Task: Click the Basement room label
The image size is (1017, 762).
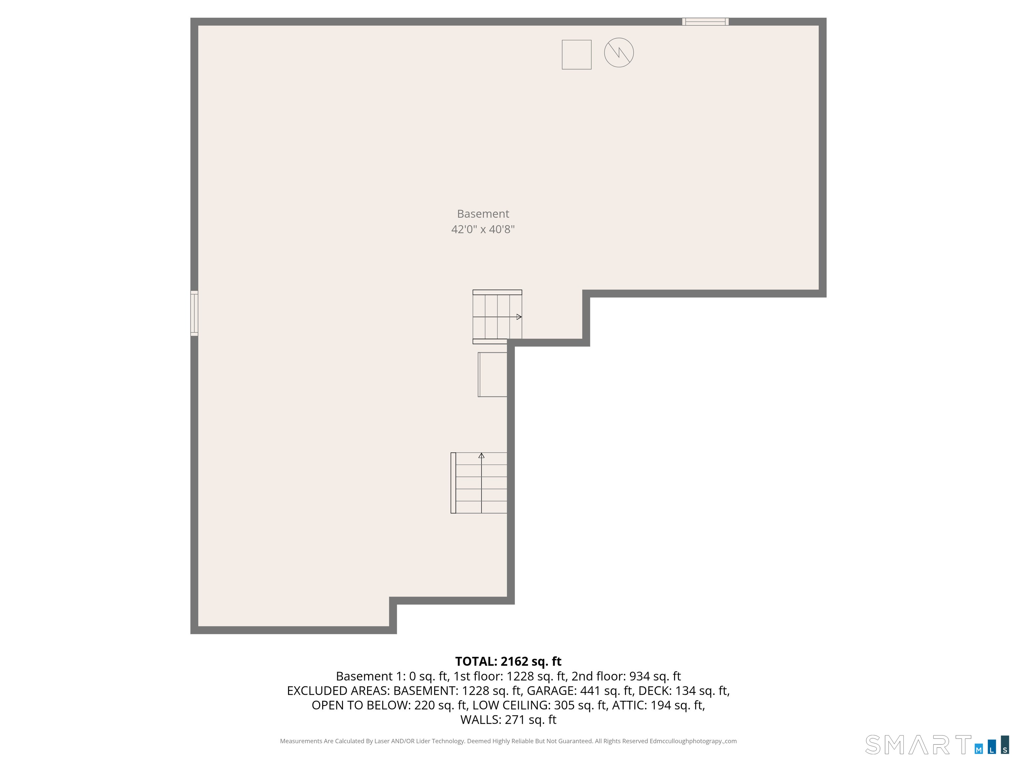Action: point(483,214)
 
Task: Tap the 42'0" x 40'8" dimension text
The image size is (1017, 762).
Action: point(483,229)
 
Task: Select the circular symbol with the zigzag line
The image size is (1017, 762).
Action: point(619,52)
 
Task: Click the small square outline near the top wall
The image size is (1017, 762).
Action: point(577,55)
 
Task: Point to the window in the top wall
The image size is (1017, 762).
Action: point(705,21)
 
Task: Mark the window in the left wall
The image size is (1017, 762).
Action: point(194,313)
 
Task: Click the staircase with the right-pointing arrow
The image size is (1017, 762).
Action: point(497,317)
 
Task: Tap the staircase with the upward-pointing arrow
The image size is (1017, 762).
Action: point(479,483)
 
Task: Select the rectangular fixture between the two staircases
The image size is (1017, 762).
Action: point(492,374)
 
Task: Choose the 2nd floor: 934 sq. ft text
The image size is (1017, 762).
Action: point(626,676)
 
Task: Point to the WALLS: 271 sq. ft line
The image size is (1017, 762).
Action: point(508,719)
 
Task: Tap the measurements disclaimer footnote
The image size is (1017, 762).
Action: point(508,741)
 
